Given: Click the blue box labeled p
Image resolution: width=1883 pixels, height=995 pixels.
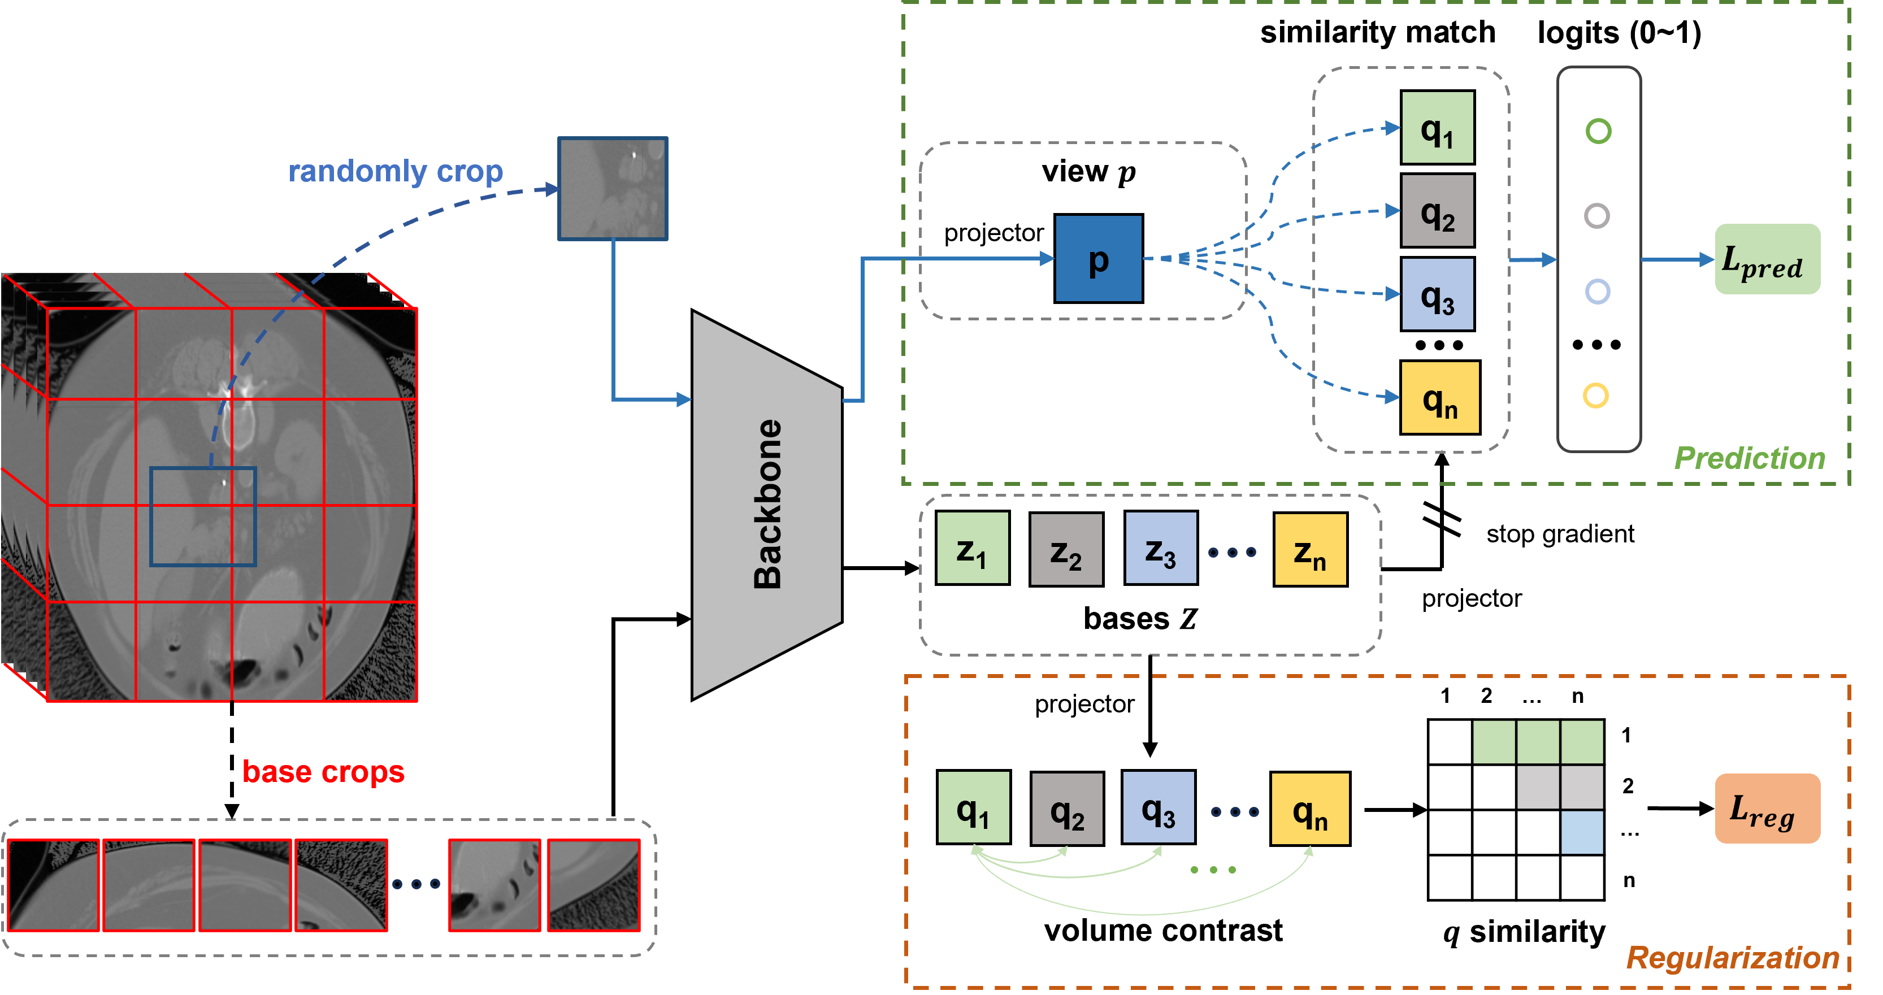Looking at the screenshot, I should click(x=1098, y=258).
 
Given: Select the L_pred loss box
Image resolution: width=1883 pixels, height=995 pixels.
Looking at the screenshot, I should click(x=1767, y=259).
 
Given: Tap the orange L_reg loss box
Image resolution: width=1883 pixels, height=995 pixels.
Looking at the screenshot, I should click(x=1767, y=808).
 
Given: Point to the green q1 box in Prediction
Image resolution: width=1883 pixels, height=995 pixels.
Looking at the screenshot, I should click(x=1437, y=128).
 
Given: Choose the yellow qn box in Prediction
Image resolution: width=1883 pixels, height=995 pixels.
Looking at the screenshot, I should click(x=1439, y=397).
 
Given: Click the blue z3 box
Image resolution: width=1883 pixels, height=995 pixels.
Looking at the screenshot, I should click(x=1161, y=548).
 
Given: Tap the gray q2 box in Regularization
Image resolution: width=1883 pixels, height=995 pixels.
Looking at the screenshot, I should click(x=1066, y=809).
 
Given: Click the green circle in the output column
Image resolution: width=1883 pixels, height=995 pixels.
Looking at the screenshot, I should click(x=1598, y=132).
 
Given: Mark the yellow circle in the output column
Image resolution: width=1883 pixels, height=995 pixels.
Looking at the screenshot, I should click(x=1596, y=396).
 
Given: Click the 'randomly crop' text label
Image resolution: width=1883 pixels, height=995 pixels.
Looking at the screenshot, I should click(x=396, y=171).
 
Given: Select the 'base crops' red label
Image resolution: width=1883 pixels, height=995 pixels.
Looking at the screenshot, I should click(x=323, y=771).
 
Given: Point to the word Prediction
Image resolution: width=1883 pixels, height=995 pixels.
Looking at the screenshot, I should click(x=1749, y=458).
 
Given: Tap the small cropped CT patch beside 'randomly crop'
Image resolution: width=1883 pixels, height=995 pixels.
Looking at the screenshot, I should click(x=613, y=189).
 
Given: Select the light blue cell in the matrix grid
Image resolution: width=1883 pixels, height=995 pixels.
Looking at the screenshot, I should click(x=1582, y=832).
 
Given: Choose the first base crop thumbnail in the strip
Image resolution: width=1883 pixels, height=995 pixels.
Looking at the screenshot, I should click(x=53, y=885).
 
